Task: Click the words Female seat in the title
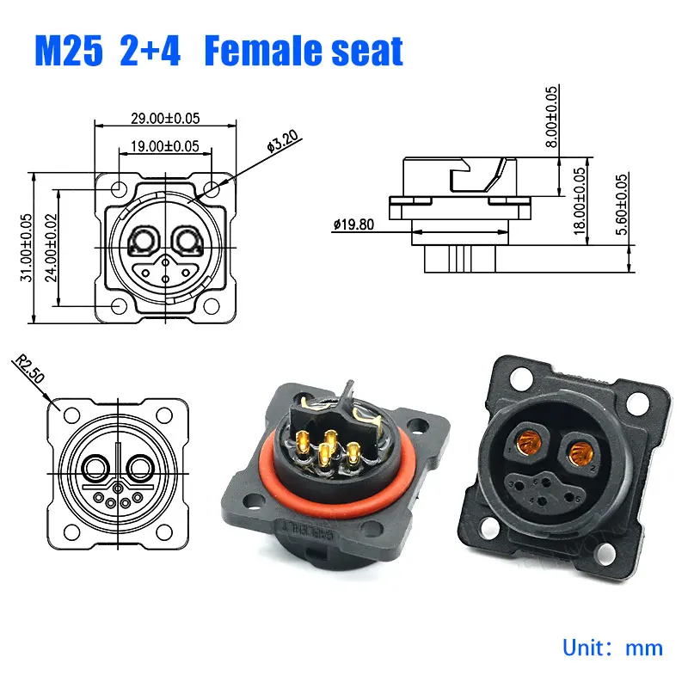click(x=305, y=52)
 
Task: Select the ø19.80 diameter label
click(x=354, y=226)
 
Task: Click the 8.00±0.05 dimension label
click(x=551, y=115)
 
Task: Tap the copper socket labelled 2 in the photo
click(x=580, y=448)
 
